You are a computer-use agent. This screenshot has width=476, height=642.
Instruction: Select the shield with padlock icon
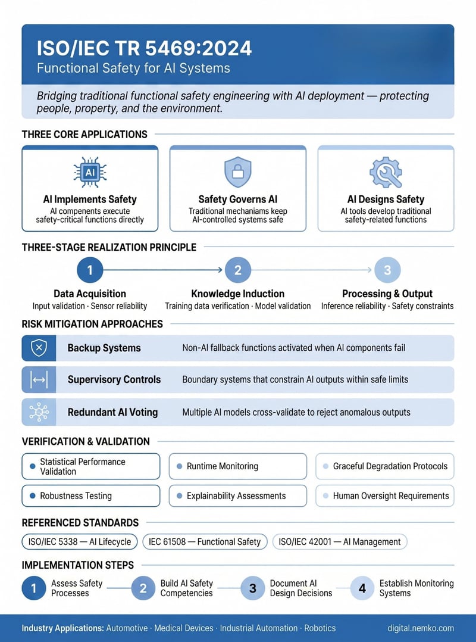(237, 172)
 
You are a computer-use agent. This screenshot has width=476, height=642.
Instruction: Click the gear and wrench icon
(386, 172)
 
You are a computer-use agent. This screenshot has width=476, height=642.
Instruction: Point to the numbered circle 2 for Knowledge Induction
(237, 270)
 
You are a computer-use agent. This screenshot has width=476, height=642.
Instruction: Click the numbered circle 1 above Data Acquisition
(90, 270)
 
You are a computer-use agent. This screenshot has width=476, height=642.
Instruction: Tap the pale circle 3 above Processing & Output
(387, 270)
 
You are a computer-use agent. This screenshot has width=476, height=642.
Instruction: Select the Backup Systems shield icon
(39, 348)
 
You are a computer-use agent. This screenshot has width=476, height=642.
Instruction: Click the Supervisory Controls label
(114, 379)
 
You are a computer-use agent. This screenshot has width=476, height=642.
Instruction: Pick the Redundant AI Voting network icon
(39, 412)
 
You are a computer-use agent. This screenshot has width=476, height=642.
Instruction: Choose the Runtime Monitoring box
(237, 466)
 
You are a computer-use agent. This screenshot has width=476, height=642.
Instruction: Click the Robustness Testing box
(90, 495)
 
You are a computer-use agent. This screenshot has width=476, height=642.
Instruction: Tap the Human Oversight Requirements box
(384, 495)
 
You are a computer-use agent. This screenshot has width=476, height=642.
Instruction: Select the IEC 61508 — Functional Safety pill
(205, 541)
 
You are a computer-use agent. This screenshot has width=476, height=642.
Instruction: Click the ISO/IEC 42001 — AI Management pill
(340, 541)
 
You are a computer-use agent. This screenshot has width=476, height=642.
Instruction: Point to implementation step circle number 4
(362, 588)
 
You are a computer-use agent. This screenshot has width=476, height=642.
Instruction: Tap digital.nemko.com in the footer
(421, 628)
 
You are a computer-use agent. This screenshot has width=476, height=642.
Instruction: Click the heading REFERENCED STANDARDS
(80, 522)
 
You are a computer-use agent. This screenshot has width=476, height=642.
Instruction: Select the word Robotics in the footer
(320, 628)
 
